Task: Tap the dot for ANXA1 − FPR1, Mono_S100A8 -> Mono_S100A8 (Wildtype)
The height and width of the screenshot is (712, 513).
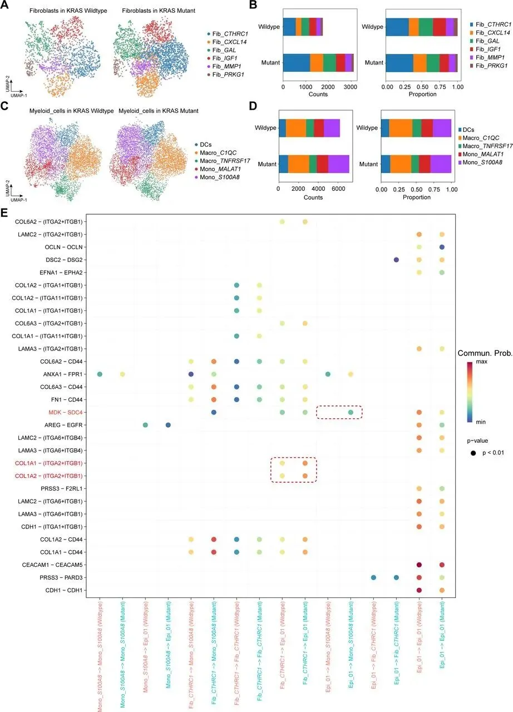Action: (x=100, y=374)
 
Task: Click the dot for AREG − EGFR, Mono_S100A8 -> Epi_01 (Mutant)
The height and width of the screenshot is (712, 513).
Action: (x=168, y=425)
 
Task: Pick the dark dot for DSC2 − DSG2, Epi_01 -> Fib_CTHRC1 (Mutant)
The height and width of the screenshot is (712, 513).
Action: (x=396, y=260)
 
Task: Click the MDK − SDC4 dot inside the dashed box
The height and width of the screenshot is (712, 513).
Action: (x=351, y=412)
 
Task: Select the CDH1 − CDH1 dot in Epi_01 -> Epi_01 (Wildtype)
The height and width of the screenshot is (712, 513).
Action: (x=419, y=590)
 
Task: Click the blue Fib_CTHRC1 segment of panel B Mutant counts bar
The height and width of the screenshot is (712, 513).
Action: (x=297, y=62)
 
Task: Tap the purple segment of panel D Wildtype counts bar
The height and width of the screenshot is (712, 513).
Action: (x=332, y=128)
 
